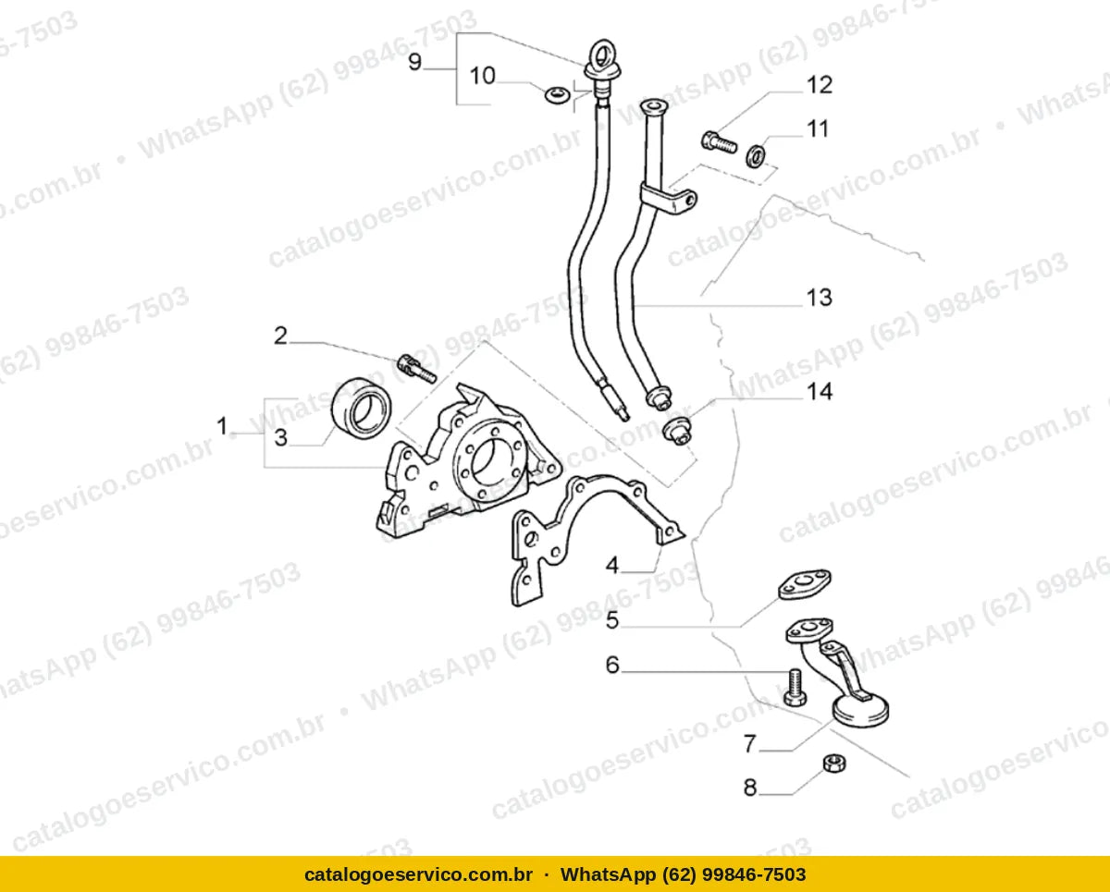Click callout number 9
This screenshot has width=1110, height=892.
point(414,62)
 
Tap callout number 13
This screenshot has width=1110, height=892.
point(820,298)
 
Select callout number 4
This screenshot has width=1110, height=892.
point(611,566)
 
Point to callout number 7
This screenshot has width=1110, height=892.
point(750,744)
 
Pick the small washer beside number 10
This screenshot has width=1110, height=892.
point(557,95)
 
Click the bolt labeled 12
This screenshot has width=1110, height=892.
point(719,141)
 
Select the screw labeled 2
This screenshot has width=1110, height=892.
point(417,369)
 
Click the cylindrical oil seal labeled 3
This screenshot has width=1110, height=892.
point(361,408)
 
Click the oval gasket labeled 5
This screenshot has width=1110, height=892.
point(804,585)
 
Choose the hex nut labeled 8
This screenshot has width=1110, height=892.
point(833,763)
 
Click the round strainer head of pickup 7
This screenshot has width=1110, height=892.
point(861,711)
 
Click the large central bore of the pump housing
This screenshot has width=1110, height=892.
point(494,464)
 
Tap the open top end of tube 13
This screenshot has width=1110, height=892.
point(654,107)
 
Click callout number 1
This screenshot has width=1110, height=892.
point(222,426)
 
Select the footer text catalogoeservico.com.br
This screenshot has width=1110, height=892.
point(418,874)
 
